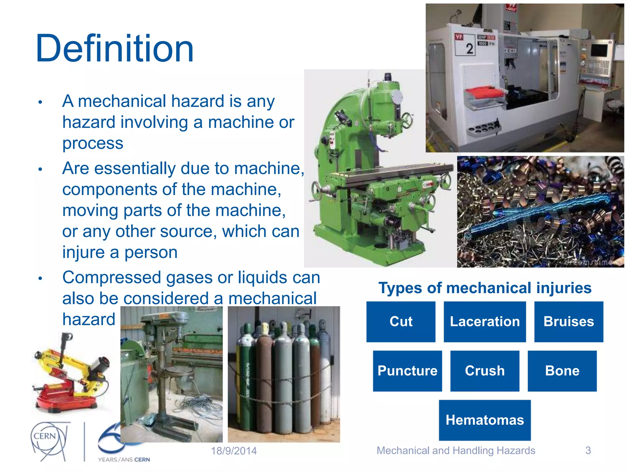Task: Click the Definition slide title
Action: click(x=114, y=49)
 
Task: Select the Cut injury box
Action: click(x=401, y=322)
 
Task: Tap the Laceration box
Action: click(x=485, y=322)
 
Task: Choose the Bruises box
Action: click(x=568, y=322)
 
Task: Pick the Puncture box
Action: click(x=407, y=371)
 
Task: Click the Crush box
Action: click(x=485, y=371)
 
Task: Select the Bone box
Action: click(x=562, y=371)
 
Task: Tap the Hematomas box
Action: click(x=485, y=420)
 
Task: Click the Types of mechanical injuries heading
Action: click(x=485, y=288)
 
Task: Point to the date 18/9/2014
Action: click(x=234, y=451)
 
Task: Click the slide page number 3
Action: click(x=588, y=450)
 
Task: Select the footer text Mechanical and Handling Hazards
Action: click(x=456, y=450)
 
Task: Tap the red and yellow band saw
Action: click(x=71, y=375)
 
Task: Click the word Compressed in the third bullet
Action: click(x=112, y=277)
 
